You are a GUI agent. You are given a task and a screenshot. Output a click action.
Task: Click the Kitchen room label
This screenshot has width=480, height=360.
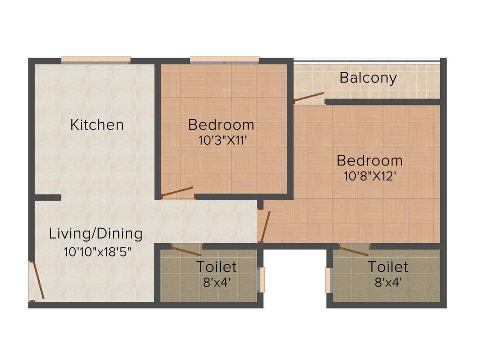[97, 125]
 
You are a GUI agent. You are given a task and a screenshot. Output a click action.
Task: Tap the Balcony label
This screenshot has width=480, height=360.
[368, 77]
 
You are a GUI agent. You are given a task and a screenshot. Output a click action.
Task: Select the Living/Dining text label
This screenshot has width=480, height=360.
[96, 233]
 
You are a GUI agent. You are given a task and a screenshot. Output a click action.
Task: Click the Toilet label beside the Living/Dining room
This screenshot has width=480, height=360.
[216, 267]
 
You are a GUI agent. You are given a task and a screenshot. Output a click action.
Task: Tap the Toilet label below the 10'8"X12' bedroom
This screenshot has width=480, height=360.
[388, 267]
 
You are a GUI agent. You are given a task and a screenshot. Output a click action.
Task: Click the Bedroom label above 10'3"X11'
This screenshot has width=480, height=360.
[221, 125]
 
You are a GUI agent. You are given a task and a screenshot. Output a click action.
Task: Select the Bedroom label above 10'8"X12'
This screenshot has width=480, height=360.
[370, 160]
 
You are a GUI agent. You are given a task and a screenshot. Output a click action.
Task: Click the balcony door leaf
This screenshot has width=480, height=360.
[309, 97]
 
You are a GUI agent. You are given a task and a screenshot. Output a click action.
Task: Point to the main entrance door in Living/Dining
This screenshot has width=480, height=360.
[37, 281]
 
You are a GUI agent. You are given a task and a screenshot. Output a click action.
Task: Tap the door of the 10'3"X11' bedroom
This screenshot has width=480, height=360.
[177, 191]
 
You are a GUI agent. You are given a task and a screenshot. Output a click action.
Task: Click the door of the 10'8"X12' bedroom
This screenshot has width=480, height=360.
[265, 227]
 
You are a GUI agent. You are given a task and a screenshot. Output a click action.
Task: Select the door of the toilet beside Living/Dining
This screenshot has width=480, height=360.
[186, 251]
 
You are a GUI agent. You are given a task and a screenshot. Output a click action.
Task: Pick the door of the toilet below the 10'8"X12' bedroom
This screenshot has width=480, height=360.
[353, 251]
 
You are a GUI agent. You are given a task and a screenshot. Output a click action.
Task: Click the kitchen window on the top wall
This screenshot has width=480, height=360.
[96, 60]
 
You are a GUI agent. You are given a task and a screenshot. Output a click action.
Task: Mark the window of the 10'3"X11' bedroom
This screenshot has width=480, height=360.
[225, 60]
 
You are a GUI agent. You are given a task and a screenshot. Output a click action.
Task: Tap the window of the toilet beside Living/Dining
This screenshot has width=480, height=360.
[262, 279]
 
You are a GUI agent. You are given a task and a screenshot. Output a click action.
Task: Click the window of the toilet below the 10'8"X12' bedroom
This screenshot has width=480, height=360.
[329, 280]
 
